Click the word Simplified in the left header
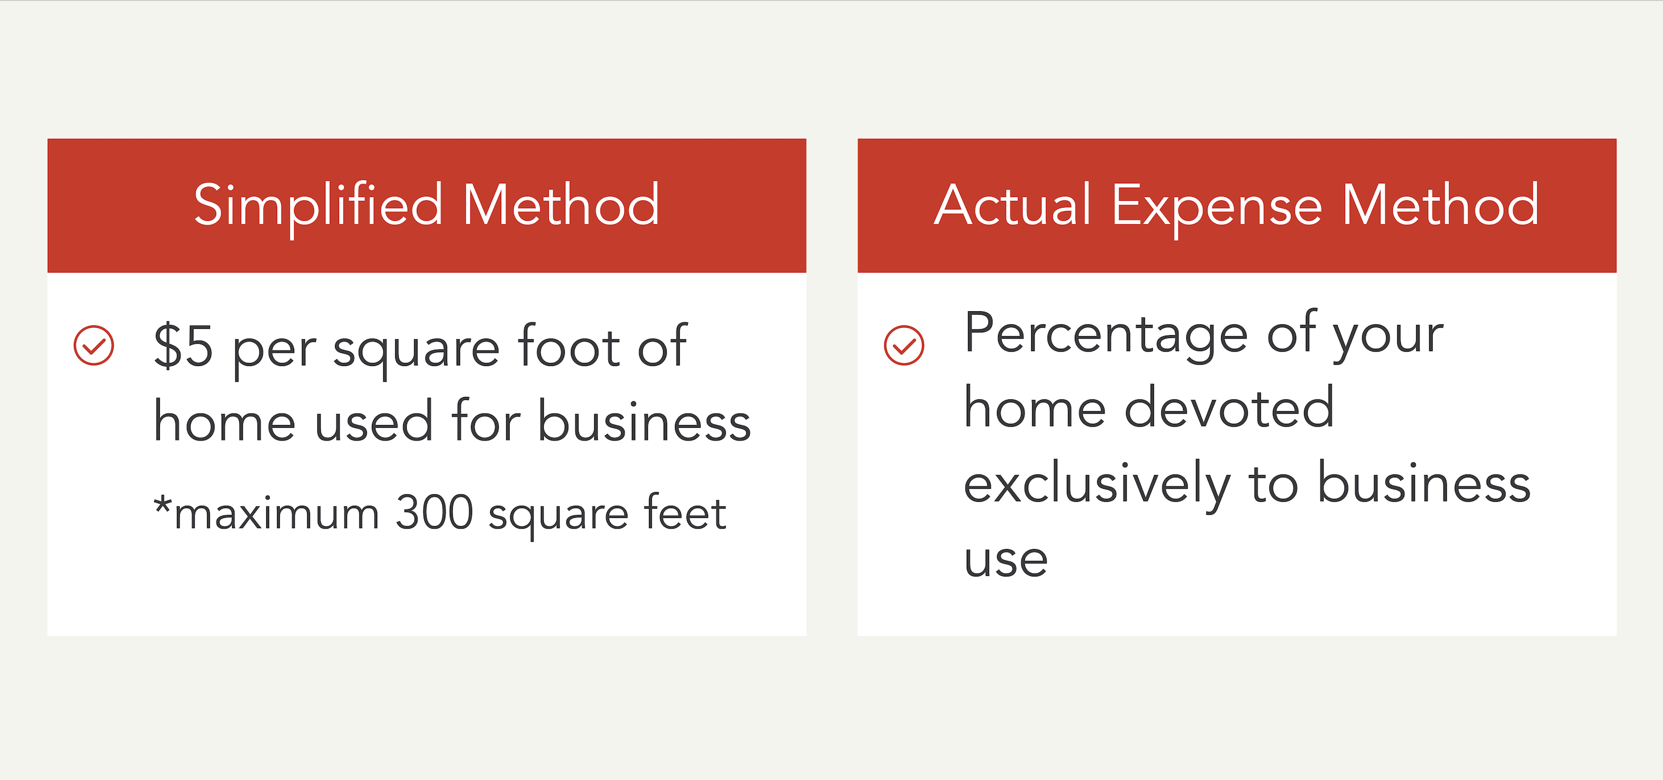[317, 205]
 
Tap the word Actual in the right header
[1012, 205]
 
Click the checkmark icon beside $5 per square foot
[94, 345]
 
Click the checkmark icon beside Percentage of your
[904, 345]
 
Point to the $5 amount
[183, 346]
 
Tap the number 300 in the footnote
[434, 513]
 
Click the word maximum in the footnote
[276, 515]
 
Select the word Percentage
[1106, 335]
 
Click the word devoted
[1229, 408]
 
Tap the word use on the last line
[1005, 559]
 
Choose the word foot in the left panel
[569, 346]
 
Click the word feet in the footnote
[685, 513]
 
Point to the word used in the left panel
[373, 421]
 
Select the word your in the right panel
[1388, 336]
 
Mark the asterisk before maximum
[162, 504]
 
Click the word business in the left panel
[644, 421]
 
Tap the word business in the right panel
[1424, 484]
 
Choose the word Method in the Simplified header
[561, 205]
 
